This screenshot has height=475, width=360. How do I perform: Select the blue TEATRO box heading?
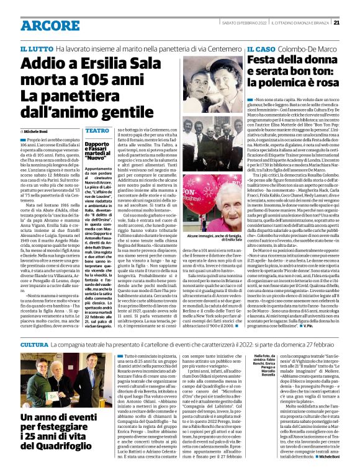97,131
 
